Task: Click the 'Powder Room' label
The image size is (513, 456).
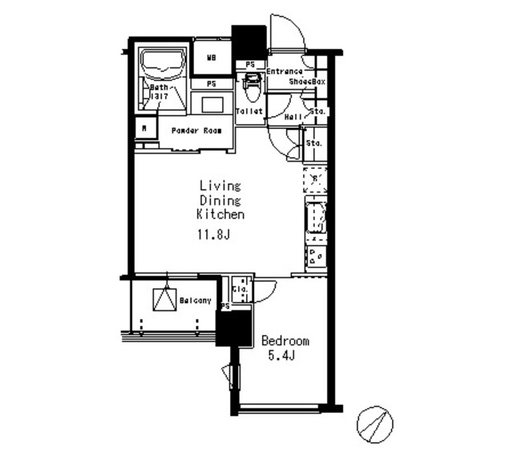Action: tap(196, 131)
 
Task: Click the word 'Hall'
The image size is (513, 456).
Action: tap(293, 117)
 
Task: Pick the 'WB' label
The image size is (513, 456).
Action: tap(212, 57)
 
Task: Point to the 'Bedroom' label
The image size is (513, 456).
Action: tap(285, 341)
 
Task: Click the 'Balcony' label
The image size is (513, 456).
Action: tap(196, 301)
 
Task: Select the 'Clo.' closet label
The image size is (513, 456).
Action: tap(239, 289)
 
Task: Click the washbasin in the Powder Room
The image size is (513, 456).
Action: tap(214, 105)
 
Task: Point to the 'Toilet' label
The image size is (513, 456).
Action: tap(250, 111)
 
